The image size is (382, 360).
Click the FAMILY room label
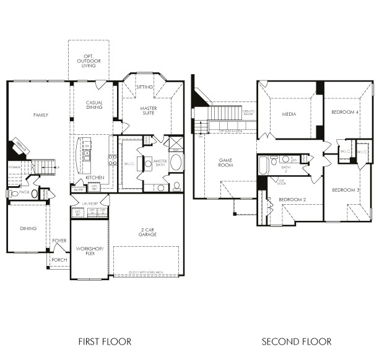point(41,115)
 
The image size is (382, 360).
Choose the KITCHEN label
point(95,178)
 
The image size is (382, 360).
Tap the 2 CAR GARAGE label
point(147,233)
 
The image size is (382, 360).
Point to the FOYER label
point(59,241)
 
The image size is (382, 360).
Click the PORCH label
point(59,260)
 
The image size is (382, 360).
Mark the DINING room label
point(28,228)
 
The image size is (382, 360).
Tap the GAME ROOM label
point(225,162)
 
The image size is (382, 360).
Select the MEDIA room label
point(289,114)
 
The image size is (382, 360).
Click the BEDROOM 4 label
point(345,112)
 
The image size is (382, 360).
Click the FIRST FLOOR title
point(105,341)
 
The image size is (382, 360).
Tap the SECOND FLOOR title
point(297,341)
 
